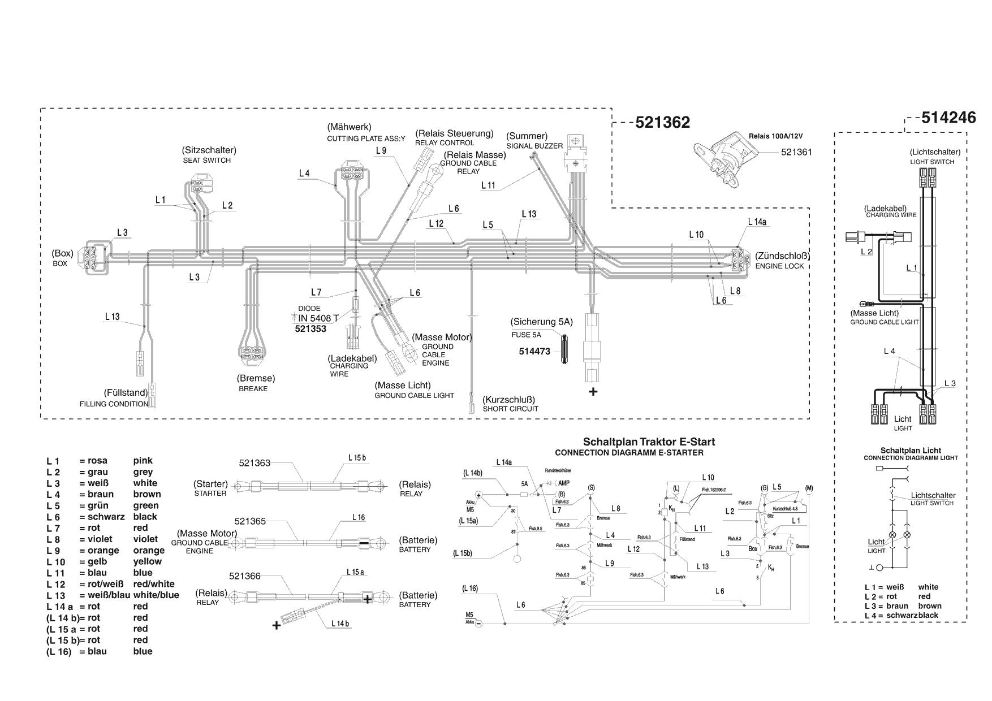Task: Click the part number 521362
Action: (x=662, y=123)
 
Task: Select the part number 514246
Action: (x=948, y=117)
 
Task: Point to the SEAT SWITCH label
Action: (x=206, y=160)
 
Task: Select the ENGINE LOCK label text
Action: (x=779, y=266)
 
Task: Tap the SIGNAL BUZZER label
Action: (x=534, y=146)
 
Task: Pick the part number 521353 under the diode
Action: (x=310, y=328)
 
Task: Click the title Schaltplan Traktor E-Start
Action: (x=649, y=442)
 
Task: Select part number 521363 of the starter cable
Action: (x=255, y=463)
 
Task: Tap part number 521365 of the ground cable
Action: (x=250, y=521)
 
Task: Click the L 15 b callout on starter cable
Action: (x=356, y=457)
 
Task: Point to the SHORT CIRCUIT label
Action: (x=510, y=409)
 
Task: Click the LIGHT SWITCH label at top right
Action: (x=932, y=162)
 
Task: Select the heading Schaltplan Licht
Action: (x=911, y=451)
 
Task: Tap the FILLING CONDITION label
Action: (x=114, y=404)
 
